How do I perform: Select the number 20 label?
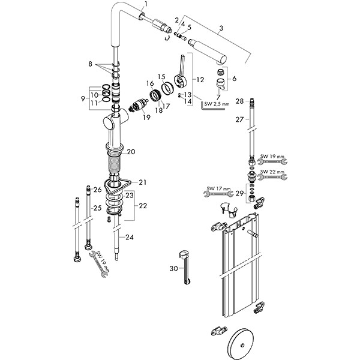[x=131, y=152]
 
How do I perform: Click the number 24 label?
[x=130, y=237]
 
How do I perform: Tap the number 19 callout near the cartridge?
[x=146, y=118]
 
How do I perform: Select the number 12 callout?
[x=200, y=79]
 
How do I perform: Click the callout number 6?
[x=234, y=79]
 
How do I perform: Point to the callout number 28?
[x=239, y=101]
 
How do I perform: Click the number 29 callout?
[x=239, y=193]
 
